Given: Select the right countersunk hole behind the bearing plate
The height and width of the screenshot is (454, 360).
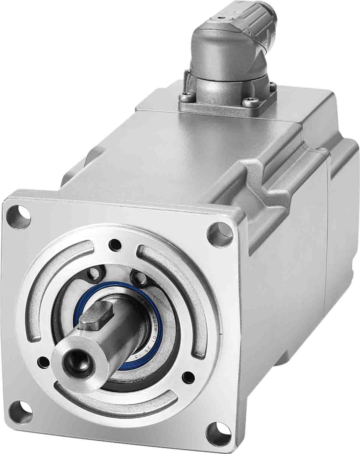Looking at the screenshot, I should (x=138, y=277).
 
